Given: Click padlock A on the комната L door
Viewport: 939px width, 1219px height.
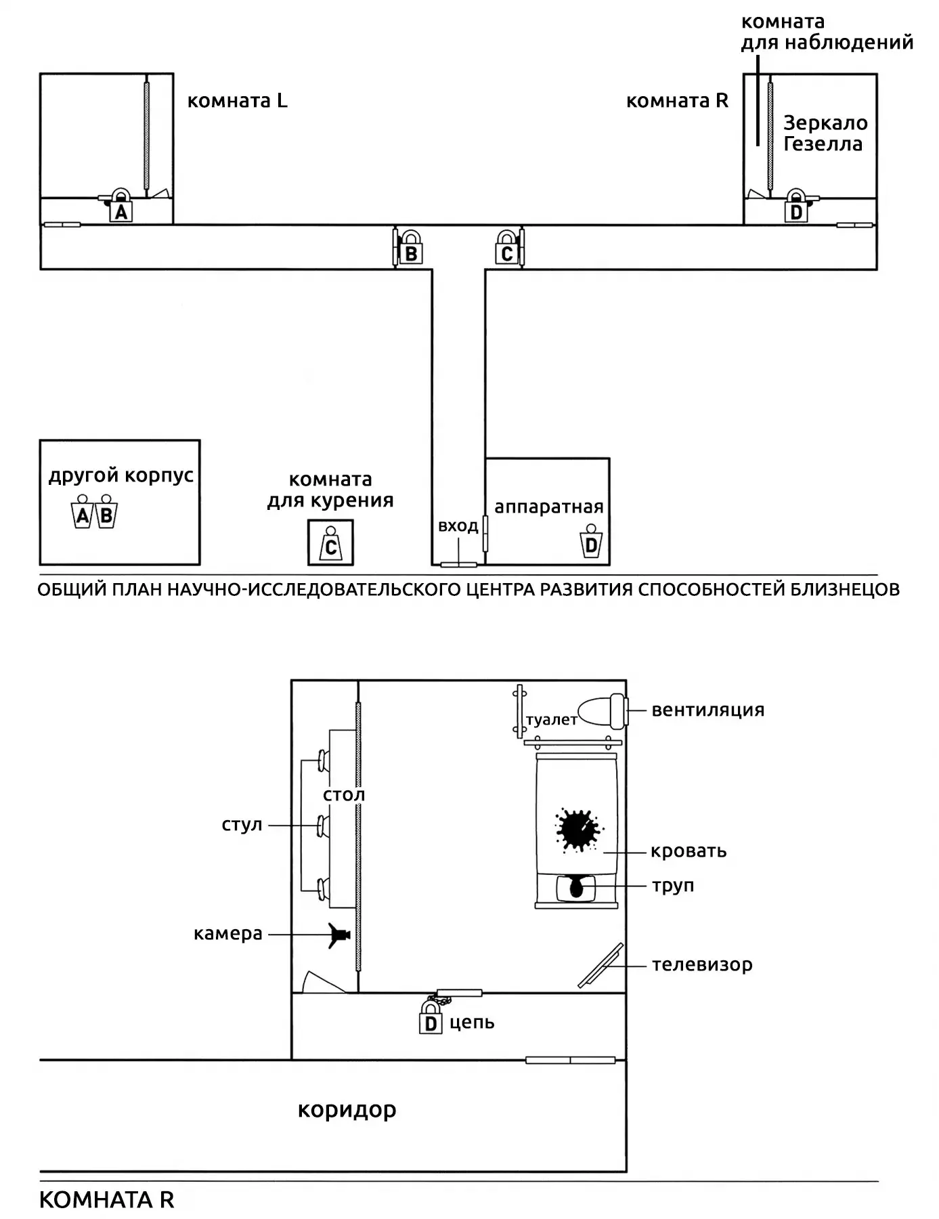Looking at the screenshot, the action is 121,205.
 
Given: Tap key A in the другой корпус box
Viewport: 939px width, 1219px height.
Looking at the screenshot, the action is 83,511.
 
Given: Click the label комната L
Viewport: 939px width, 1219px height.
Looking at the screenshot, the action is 237,101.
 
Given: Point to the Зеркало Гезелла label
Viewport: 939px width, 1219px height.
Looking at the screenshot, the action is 825,133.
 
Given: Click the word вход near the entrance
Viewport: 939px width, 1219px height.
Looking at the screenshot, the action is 458,526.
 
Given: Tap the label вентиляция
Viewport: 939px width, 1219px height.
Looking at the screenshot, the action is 707,710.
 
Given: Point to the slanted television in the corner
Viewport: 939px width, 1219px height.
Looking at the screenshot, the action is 600,965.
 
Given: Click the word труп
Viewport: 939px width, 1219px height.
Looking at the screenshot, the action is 673,886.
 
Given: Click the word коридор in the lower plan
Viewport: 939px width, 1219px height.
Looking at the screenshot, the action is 347,1110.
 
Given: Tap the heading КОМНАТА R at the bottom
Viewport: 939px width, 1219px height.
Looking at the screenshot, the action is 107,1200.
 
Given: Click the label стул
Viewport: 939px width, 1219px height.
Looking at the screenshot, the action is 242,826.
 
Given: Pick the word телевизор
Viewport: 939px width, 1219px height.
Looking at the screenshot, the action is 702,965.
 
